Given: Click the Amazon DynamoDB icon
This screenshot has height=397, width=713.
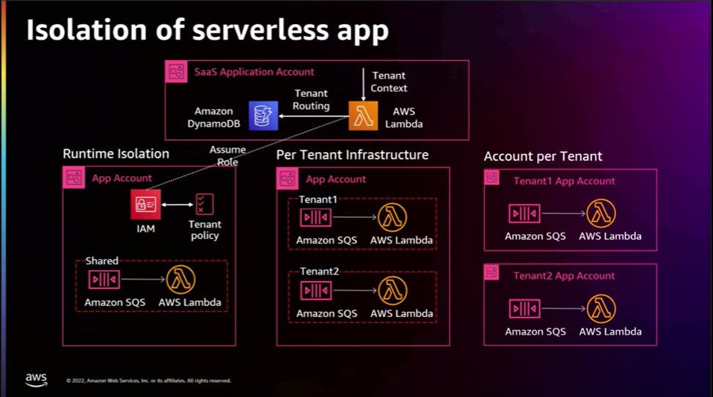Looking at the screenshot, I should [263, 116].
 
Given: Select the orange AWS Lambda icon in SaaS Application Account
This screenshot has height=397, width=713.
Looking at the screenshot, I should [363, 116].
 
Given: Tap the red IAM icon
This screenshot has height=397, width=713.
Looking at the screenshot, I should [146, 205].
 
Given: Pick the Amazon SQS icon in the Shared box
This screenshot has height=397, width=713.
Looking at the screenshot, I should [104, 280].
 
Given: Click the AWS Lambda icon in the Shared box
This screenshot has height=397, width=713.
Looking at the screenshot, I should [181, 280].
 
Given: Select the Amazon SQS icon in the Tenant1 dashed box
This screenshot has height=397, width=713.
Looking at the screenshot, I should [315, 218].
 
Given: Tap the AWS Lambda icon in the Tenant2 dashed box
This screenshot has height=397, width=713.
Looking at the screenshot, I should [392, 291].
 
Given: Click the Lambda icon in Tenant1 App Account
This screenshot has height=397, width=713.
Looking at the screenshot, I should [601, 214].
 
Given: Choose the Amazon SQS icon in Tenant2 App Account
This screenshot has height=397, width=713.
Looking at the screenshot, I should [524, 309].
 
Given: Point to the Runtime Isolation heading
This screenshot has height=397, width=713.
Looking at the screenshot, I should [116, 154].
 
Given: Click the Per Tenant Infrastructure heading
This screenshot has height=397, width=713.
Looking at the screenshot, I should [352, 155].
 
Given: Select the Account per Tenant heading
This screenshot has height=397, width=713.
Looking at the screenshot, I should [543, 156].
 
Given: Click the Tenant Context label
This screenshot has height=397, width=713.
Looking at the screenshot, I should [388, 81].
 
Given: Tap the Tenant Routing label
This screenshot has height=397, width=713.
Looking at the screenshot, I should [312, 100].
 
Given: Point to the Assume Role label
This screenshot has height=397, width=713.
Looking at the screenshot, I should [227, 156].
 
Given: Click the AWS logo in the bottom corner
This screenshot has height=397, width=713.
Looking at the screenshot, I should [36, 379].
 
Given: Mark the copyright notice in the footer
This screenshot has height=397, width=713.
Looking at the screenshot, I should [148, 381].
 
